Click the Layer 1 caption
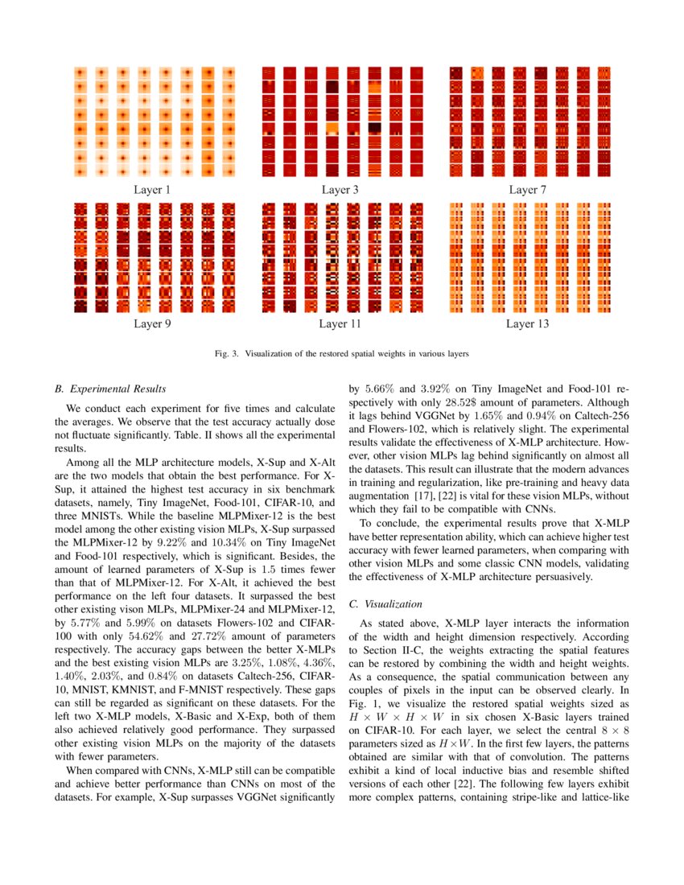click(152, 191)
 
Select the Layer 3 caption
click(340, 191)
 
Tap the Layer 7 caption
click(528, 191)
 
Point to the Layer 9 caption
click(152, 324)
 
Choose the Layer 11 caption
click(340, 324)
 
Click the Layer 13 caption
click(528, 324)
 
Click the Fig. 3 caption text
click(341, 353)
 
